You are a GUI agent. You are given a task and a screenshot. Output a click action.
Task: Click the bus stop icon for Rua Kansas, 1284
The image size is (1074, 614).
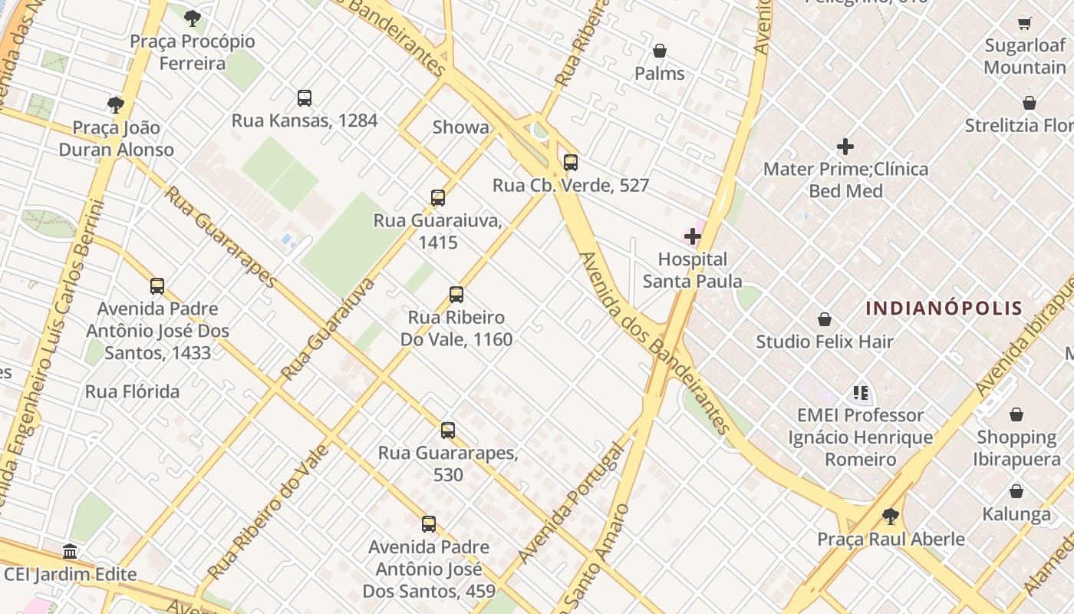(305, 98)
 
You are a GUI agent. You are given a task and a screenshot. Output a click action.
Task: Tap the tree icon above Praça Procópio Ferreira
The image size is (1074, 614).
(193, 18)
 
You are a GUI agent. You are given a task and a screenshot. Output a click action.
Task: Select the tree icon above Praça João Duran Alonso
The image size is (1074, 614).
(116, 105)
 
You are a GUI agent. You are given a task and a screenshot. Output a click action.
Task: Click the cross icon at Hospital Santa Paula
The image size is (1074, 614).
(692, 236)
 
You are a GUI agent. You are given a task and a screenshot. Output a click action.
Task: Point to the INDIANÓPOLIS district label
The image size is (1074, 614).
(944, 309)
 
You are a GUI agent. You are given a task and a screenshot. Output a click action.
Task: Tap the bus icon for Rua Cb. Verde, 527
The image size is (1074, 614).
(570, 163)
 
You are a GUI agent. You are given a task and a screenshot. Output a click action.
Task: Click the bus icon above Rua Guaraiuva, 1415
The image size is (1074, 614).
(437, 198)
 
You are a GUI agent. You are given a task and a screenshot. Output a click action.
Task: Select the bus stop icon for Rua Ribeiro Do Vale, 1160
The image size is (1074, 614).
(456, 295)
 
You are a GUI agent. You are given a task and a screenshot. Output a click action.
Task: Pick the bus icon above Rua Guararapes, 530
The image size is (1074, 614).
(448, 431)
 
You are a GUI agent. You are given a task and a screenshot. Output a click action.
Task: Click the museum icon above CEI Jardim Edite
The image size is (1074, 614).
(71, 551)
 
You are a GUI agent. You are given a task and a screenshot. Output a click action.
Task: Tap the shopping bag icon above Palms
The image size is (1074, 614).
(659, 51)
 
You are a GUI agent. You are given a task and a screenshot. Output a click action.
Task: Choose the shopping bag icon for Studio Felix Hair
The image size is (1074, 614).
(825, 319)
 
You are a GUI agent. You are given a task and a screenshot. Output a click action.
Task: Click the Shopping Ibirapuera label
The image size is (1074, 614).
(1016, 448)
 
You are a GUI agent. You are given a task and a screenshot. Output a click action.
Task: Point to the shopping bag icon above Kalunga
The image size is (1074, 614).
(1016, 491)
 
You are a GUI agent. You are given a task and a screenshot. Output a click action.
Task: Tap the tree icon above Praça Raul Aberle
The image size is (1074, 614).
(890, 516)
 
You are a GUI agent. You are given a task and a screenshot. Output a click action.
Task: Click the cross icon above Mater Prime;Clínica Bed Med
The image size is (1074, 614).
(845, 147)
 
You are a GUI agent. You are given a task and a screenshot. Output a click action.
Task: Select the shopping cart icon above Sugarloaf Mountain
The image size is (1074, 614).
(1025, 23)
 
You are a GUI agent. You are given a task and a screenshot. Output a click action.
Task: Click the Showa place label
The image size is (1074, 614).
(460, 127)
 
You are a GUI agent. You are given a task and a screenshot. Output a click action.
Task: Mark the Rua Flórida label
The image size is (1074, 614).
(132, 392)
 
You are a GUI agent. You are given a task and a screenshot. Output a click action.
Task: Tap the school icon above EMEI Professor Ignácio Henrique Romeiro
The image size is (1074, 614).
(860, 393)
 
